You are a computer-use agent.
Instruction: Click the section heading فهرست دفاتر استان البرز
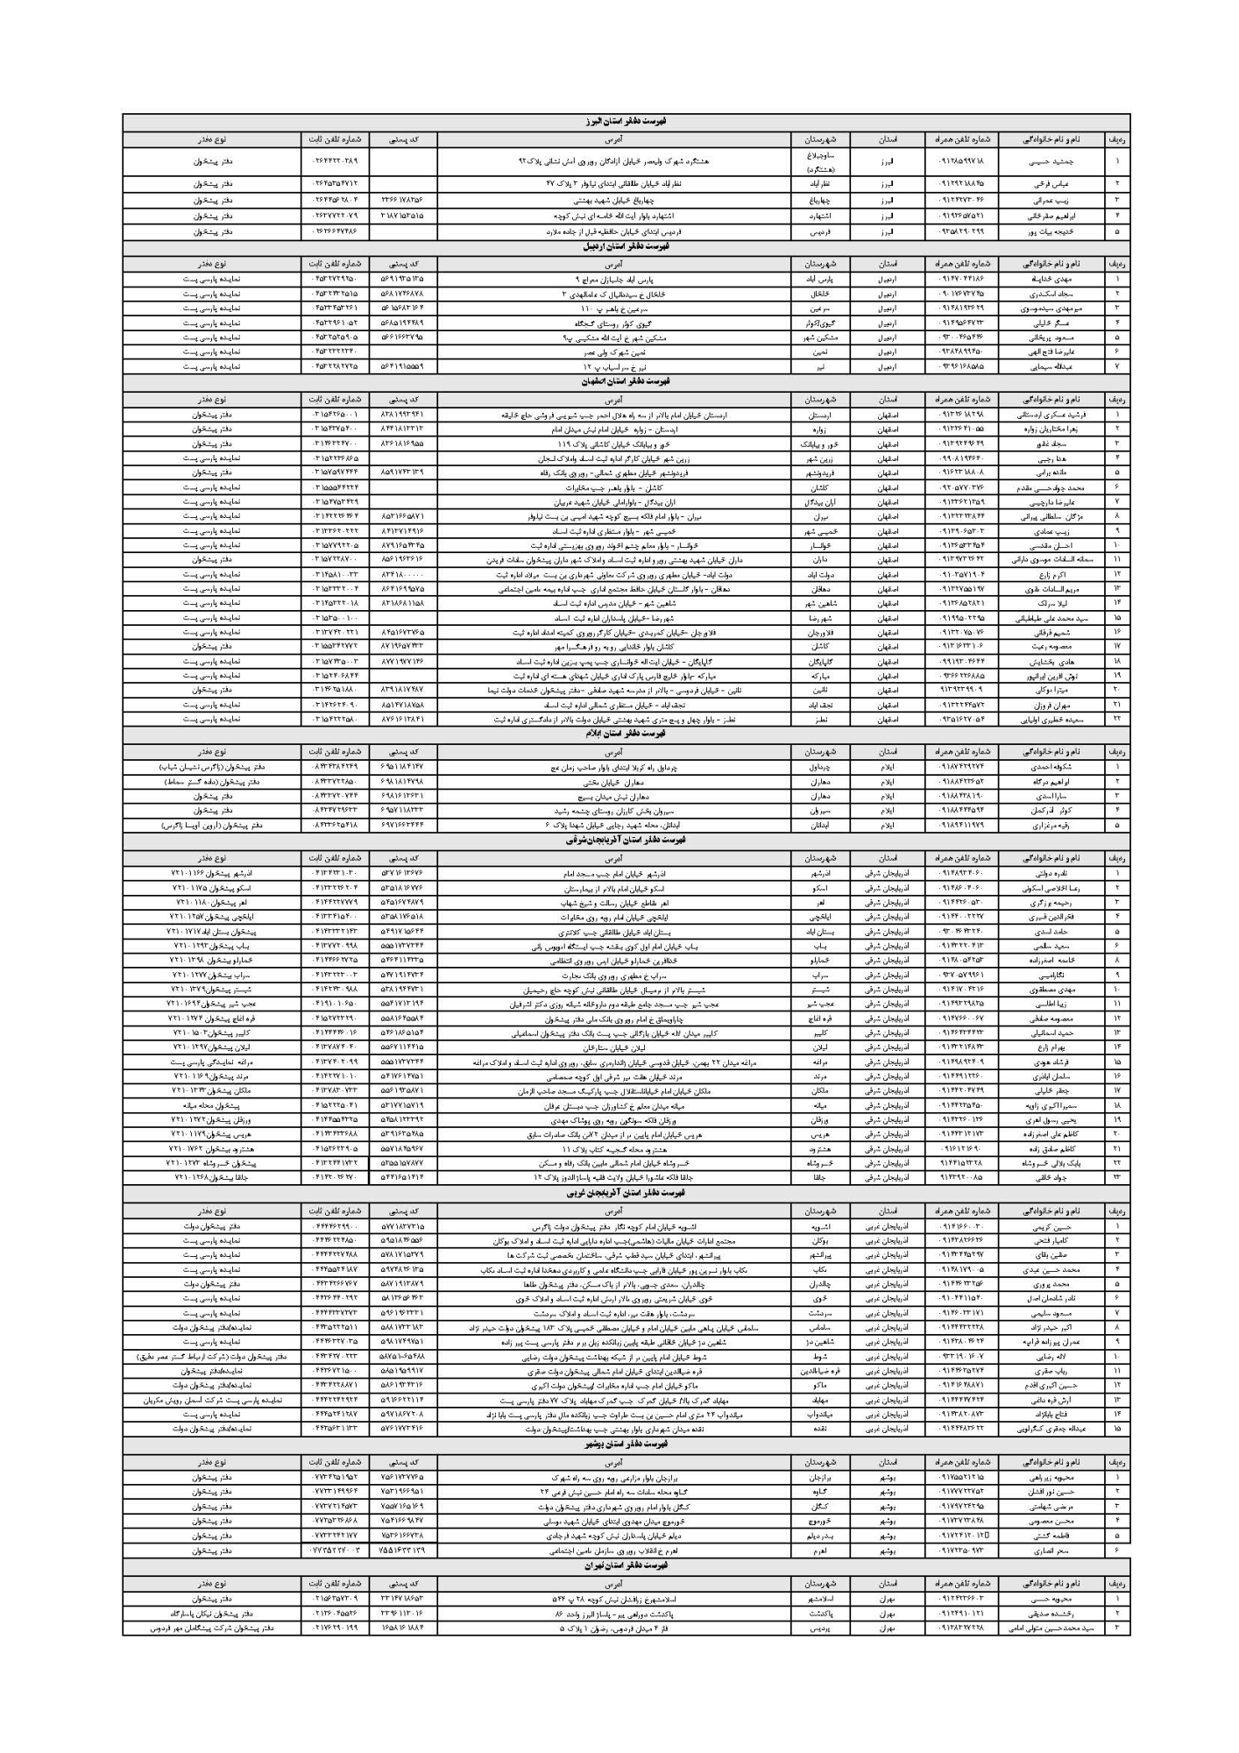[626, 123]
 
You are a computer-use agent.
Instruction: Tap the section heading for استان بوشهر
[626, 1443]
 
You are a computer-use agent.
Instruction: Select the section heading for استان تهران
[626, 1565]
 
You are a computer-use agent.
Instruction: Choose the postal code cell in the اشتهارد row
[403, 215]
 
